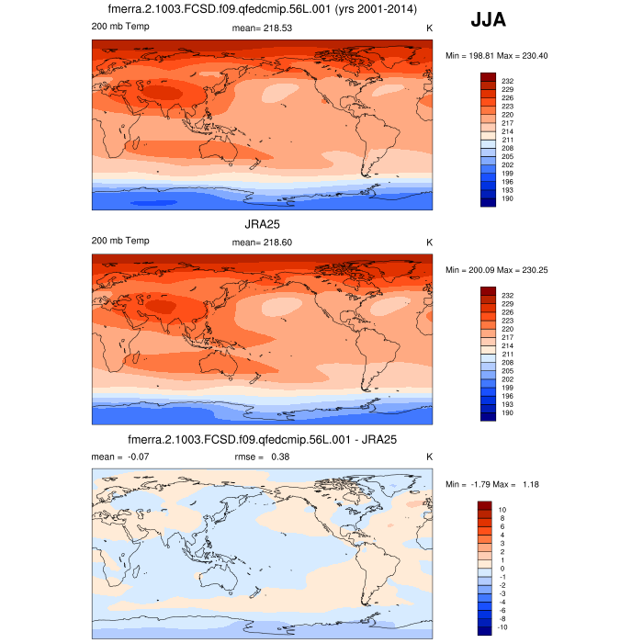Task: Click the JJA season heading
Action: coord(488,19)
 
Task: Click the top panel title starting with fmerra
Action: coord(262,9)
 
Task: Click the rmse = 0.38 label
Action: coord(265,457)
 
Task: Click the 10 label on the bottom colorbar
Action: coord(502,509)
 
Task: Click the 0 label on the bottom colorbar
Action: coord(502,569)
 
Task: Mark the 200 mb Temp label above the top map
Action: coord(120,26)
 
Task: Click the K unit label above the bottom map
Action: coord(429,457)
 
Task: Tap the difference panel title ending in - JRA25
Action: coord(262,438)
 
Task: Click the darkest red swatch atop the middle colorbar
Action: coord(488,291)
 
